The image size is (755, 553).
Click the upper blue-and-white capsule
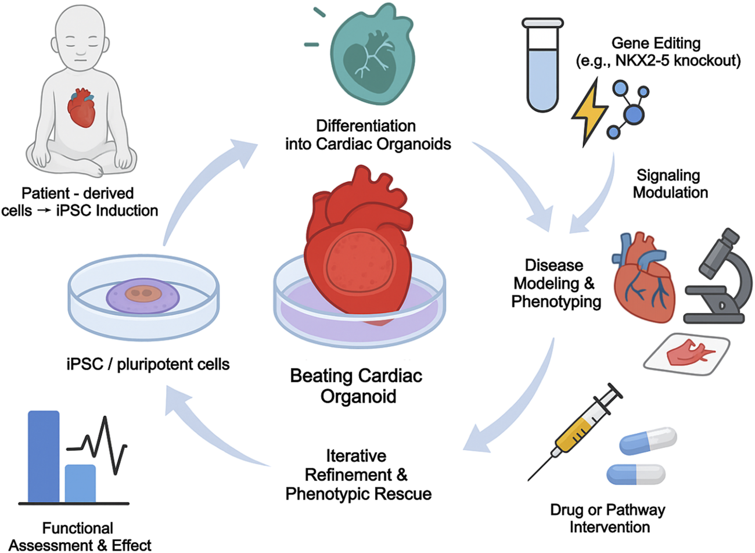coord(648,441)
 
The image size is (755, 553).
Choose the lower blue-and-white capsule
coord(636,474)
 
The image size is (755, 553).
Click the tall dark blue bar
coord(44,456)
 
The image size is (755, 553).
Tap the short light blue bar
coord(80,483)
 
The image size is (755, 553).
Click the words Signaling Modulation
coord(670,184)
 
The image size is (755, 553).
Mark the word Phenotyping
coord(556,301)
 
